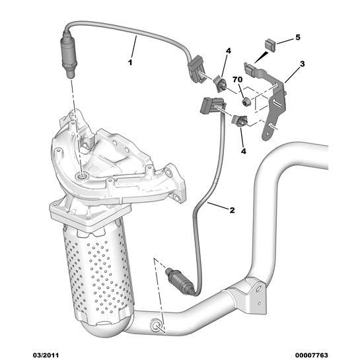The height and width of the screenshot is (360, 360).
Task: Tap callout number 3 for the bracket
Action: (302, 64)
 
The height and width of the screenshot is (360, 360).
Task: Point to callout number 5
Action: (297, 38)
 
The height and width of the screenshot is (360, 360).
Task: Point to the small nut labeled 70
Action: (246, 102)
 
